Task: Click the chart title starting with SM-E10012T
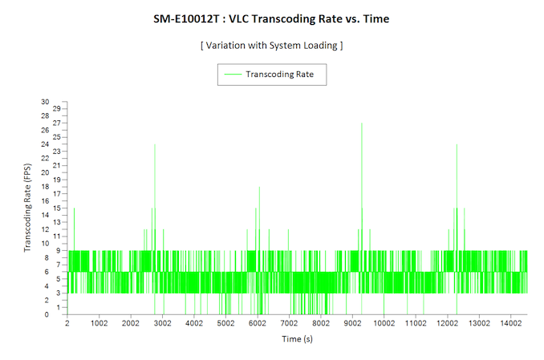(x=271, y=18)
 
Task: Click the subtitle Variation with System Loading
(x=271, y=45)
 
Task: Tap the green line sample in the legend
(x=233, y=74)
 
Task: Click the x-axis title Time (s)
(x=297, y=339)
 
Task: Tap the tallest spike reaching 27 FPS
(x=362, y=124)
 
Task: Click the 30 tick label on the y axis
(x=56, y=103)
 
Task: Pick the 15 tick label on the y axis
(x=56, y=208)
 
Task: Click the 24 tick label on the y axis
(x=56, y=145)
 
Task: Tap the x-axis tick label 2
(x=67, y=323)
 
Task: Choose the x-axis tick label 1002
(x=99, y=323)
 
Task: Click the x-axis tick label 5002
(x=225, y=323)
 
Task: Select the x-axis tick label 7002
(x=289, y=323)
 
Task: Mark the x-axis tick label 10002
(x=384, y=323)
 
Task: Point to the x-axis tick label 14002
(x=510, y=323)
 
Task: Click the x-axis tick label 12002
(x=447, y=323)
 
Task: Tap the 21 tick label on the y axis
(x=56, y=166)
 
